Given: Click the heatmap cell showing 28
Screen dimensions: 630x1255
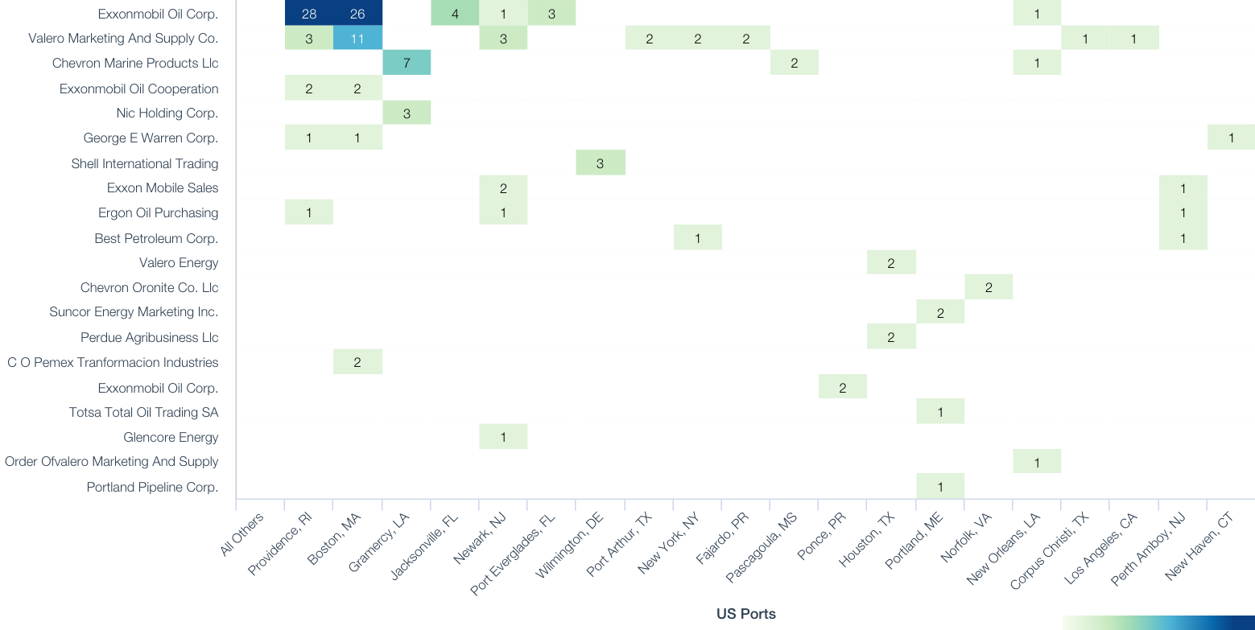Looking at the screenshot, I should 309,14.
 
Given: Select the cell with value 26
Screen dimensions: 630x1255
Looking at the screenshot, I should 357,14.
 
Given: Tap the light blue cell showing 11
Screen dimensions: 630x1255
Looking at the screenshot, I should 357,38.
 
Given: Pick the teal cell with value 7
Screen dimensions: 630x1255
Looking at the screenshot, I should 407,63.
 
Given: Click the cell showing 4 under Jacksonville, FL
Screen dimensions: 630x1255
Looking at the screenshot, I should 455,14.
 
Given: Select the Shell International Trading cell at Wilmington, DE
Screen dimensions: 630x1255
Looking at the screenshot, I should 601,163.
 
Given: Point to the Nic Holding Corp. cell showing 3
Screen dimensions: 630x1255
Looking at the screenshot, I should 407,113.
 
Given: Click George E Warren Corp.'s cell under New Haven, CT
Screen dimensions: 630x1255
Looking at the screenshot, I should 1231,138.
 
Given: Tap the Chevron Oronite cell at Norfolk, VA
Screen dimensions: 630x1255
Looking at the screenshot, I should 989,287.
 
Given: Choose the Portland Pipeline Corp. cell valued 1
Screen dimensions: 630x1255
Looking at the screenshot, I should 940,487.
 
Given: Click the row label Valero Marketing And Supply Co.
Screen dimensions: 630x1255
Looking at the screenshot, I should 123,39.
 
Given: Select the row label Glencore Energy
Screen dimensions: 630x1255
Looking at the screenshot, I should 171,438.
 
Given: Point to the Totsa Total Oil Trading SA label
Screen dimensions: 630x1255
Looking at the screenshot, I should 143,413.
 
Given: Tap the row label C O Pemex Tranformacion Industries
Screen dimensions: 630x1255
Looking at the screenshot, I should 113,363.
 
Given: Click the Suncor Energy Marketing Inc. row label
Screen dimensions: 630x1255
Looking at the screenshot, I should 134,312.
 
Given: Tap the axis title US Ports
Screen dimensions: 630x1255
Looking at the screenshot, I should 745,614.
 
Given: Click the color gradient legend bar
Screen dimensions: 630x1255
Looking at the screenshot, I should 1158,622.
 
